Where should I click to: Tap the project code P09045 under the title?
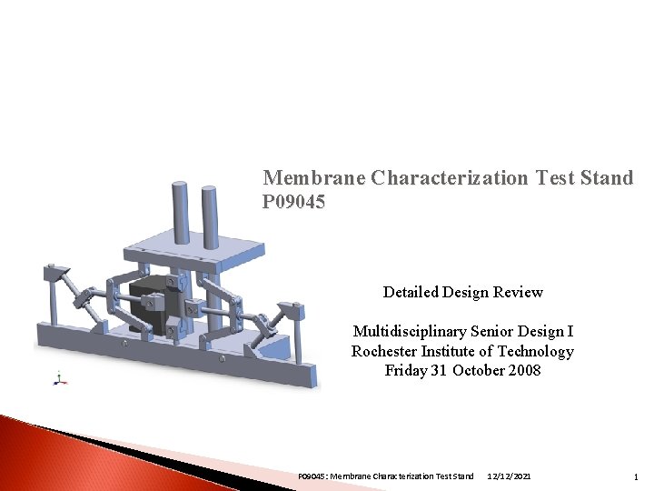(x=293, y=201)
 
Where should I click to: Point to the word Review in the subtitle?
(x=518, y=292)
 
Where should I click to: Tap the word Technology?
(x=536, y=351)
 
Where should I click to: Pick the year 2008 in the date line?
(x=522, y=370)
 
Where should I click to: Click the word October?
(x=471, y=370)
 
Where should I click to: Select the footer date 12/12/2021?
(x=510, y=476)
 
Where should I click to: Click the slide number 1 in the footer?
(x=636, y=476)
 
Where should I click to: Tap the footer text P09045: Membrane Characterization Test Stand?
(x=386, y=476)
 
